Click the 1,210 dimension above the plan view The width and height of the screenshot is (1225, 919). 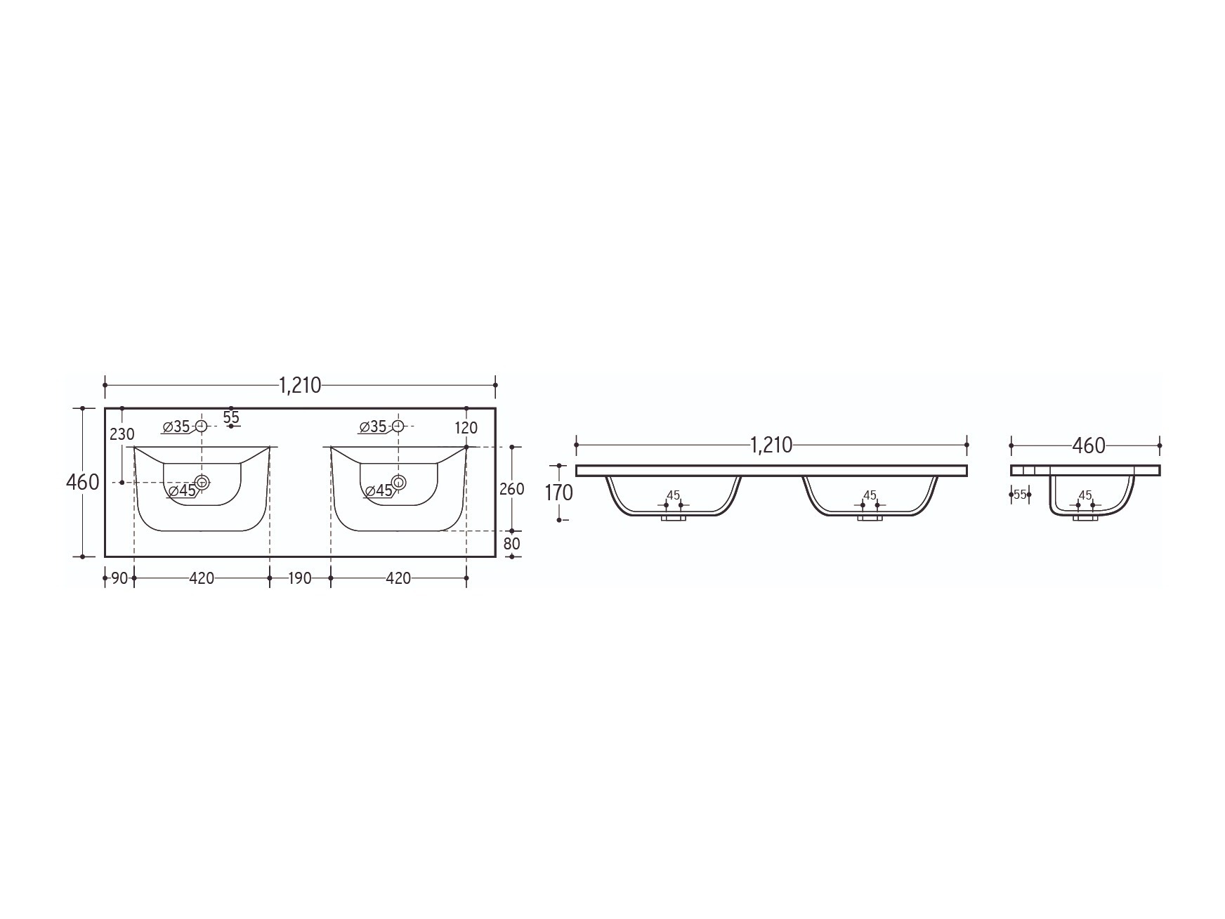click(x=300, y=385)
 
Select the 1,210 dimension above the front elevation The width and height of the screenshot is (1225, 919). click(x=771, y=445)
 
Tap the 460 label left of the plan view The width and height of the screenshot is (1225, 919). click(x=82, y=483)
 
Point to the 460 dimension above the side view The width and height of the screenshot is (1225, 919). click(x=1089, y=445)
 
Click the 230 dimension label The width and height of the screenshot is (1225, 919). click(x=122, y=434)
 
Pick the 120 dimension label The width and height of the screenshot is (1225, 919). click(x=466, y=428)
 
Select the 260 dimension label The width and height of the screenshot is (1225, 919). click(x=511, y=489)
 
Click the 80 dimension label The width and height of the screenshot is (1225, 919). click(x=511, y=544)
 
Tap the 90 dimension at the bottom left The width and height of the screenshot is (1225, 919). click(x=119, y=578)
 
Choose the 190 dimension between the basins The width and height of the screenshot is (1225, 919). click(x=300, y=578)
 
